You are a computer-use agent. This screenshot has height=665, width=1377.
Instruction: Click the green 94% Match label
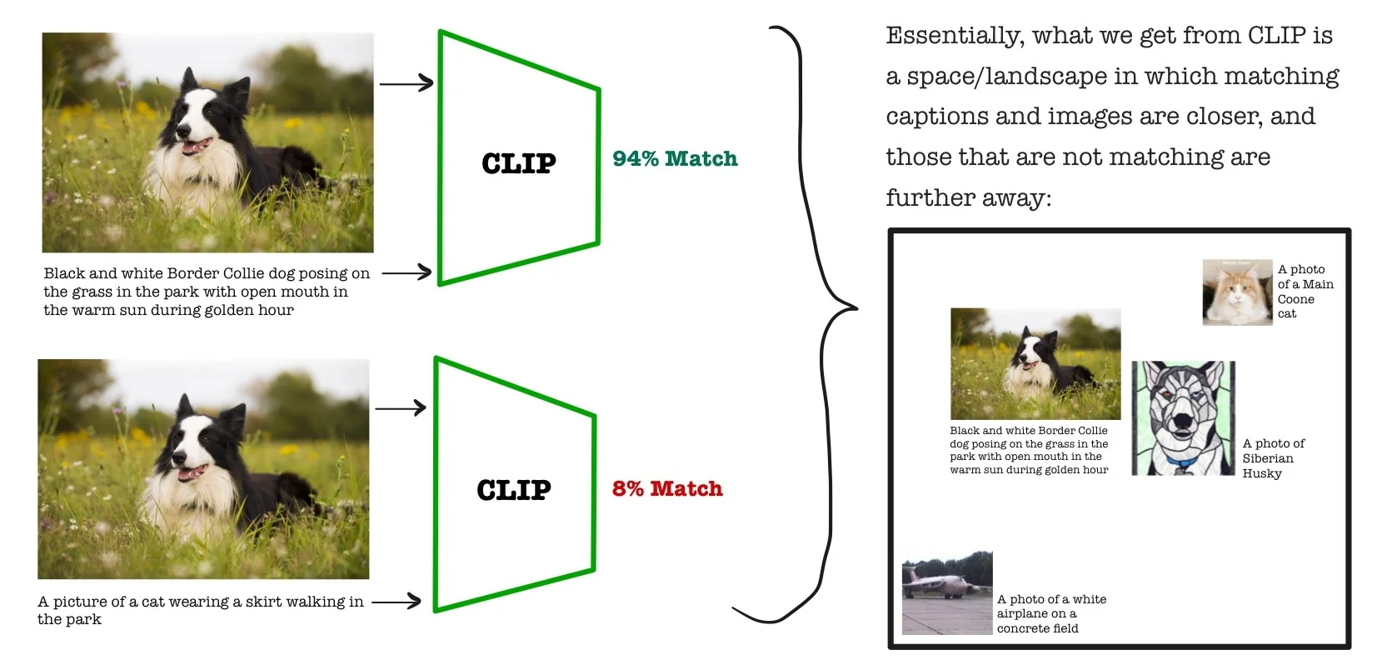(x=675, y=158)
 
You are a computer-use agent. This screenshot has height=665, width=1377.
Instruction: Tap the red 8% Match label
(x=667, y=488)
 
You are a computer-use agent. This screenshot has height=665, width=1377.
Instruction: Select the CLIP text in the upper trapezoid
(x=518, y=163)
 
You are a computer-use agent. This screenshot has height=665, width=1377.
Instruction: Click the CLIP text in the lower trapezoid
(x=513, y=490)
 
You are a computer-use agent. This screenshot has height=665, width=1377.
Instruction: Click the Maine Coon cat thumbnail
(x=1237, y=292)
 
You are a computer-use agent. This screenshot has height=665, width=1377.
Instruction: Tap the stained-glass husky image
(x=1183, y=418)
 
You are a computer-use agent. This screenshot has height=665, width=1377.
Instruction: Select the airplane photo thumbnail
(x=947, y=592)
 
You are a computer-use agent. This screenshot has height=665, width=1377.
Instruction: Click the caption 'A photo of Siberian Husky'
(x=1273, y=458)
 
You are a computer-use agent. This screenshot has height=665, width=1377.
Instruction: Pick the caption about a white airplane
(x=1051, y=613)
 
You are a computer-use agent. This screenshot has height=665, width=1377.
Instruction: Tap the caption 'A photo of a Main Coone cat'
(x=1305, y=292)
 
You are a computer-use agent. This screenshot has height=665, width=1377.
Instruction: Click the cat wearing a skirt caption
(x=200, y=610)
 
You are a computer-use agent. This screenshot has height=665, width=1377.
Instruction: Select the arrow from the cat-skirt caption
(x=397, y=601)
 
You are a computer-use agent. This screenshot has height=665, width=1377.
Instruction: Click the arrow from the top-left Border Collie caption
(x=407, y=272)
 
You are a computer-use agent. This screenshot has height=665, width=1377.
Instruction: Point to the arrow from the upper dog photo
(x=407, y=83)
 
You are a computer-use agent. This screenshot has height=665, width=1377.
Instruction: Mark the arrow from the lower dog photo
(x=401, y=408)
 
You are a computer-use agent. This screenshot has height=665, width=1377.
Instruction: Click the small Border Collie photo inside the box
(x=1035, y=364)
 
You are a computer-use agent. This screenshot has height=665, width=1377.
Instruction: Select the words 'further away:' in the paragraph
(x=968, y=198)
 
